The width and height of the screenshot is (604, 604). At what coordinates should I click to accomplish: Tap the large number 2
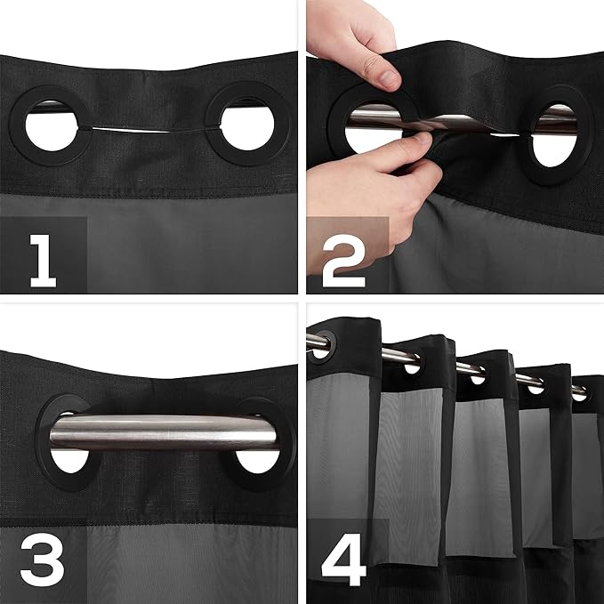pyautogui.click(x=343, y=258)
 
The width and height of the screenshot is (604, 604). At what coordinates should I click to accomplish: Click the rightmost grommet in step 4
pyautogui.click(x=579, y=391)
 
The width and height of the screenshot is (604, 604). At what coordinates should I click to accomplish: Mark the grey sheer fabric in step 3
pyautogui.click(x=178, y=560)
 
